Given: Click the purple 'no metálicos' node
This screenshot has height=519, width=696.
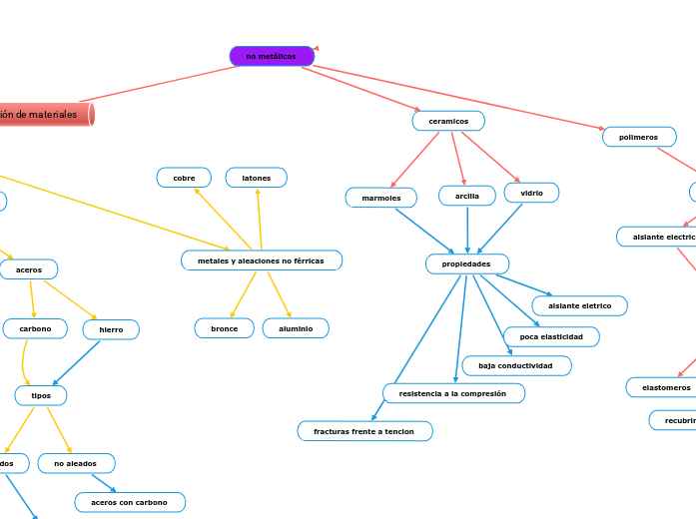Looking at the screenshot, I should coord(272,56).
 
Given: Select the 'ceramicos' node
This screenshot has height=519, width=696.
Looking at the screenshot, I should coord(448,121).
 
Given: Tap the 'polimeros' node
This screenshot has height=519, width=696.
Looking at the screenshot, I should coord(639,137).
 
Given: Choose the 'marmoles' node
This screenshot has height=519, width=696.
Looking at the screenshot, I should coord(380,198).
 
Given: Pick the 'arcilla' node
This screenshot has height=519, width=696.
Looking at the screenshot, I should coord(467,197).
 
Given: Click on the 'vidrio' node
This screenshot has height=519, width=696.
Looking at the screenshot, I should coord(531,192).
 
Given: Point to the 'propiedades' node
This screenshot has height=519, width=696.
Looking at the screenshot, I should coord(466,263).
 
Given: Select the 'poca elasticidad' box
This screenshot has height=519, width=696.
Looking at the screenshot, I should coord(551,336).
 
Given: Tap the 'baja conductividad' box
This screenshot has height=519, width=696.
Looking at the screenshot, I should coord(515,365).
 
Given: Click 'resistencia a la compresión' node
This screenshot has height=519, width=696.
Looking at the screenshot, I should coord(452,393).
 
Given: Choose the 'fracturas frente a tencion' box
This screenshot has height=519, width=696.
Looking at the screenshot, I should coord(364,431).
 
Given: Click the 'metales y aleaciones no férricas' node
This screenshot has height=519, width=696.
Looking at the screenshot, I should coord(261,260).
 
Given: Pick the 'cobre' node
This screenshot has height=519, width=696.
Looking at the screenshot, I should coord(184,178).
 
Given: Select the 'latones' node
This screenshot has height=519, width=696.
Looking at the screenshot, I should coord(257,178).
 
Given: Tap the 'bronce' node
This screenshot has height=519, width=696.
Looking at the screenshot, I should coord(224,327).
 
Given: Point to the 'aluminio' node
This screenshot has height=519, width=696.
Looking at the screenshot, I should coord(296,327).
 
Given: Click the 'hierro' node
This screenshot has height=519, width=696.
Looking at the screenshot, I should coord(111,329).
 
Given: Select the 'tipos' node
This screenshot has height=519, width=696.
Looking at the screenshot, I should coord(41,395).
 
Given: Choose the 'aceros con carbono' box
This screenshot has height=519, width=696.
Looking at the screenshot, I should coord(130,502).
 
